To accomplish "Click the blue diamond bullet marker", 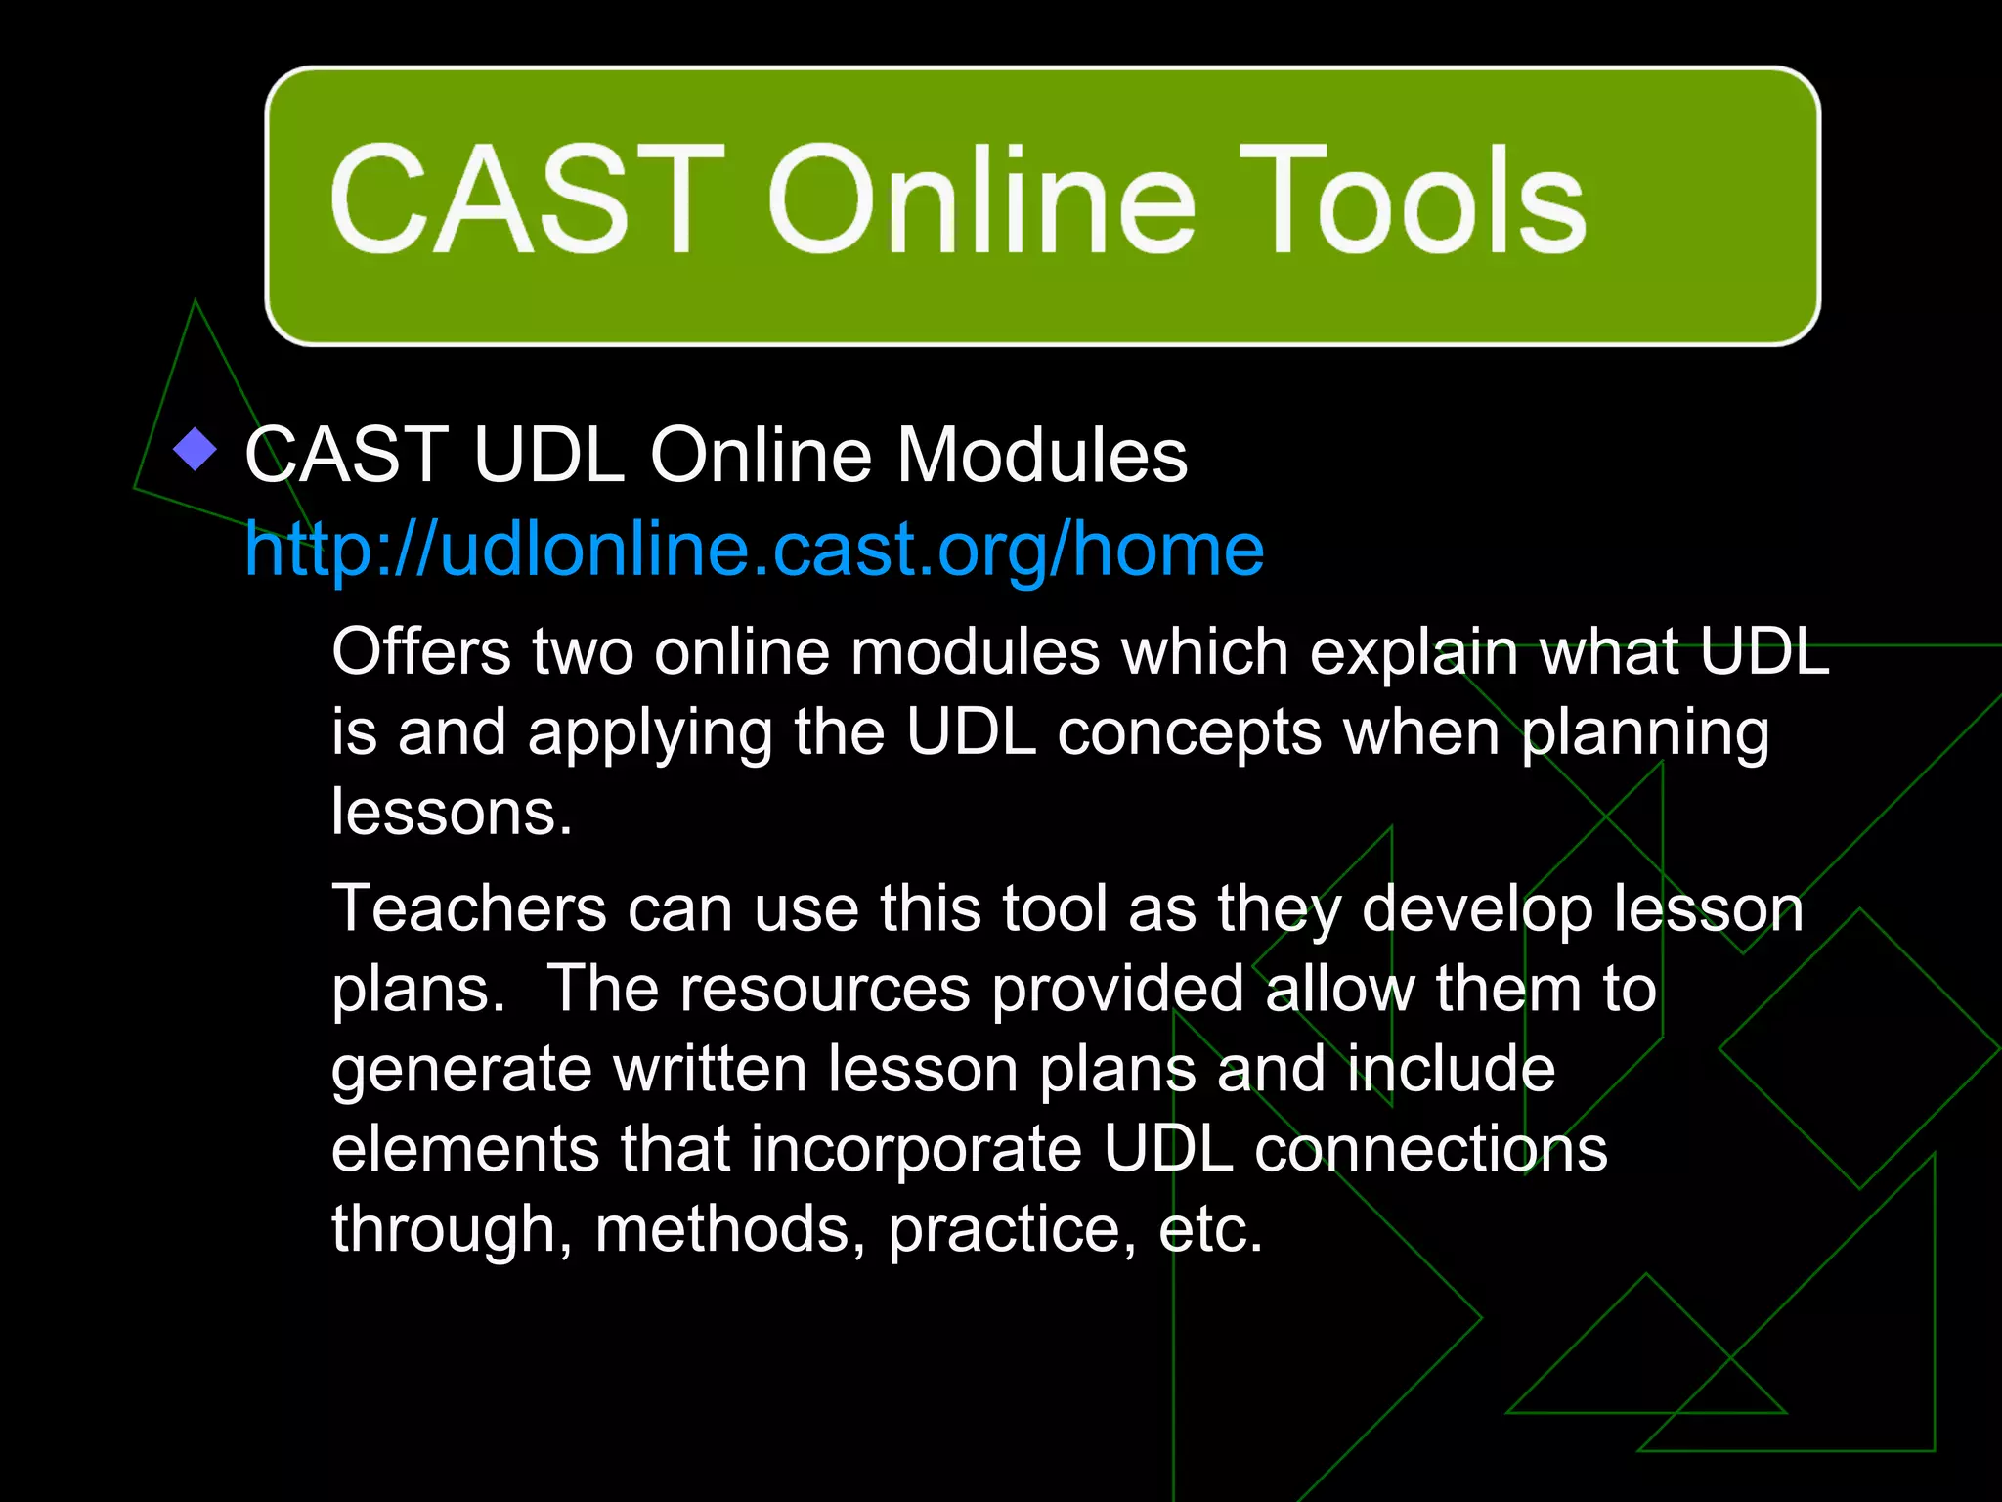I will click(196, 450).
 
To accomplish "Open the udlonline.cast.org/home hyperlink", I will click(754, 549).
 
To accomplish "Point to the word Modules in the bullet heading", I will click(1042, 455).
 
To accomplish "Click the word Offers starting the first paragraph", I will click(421, 652).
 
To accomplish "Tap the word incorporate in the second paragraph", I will click(916, 1150).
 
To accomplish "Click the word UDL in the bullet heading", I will click(548, 455).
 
